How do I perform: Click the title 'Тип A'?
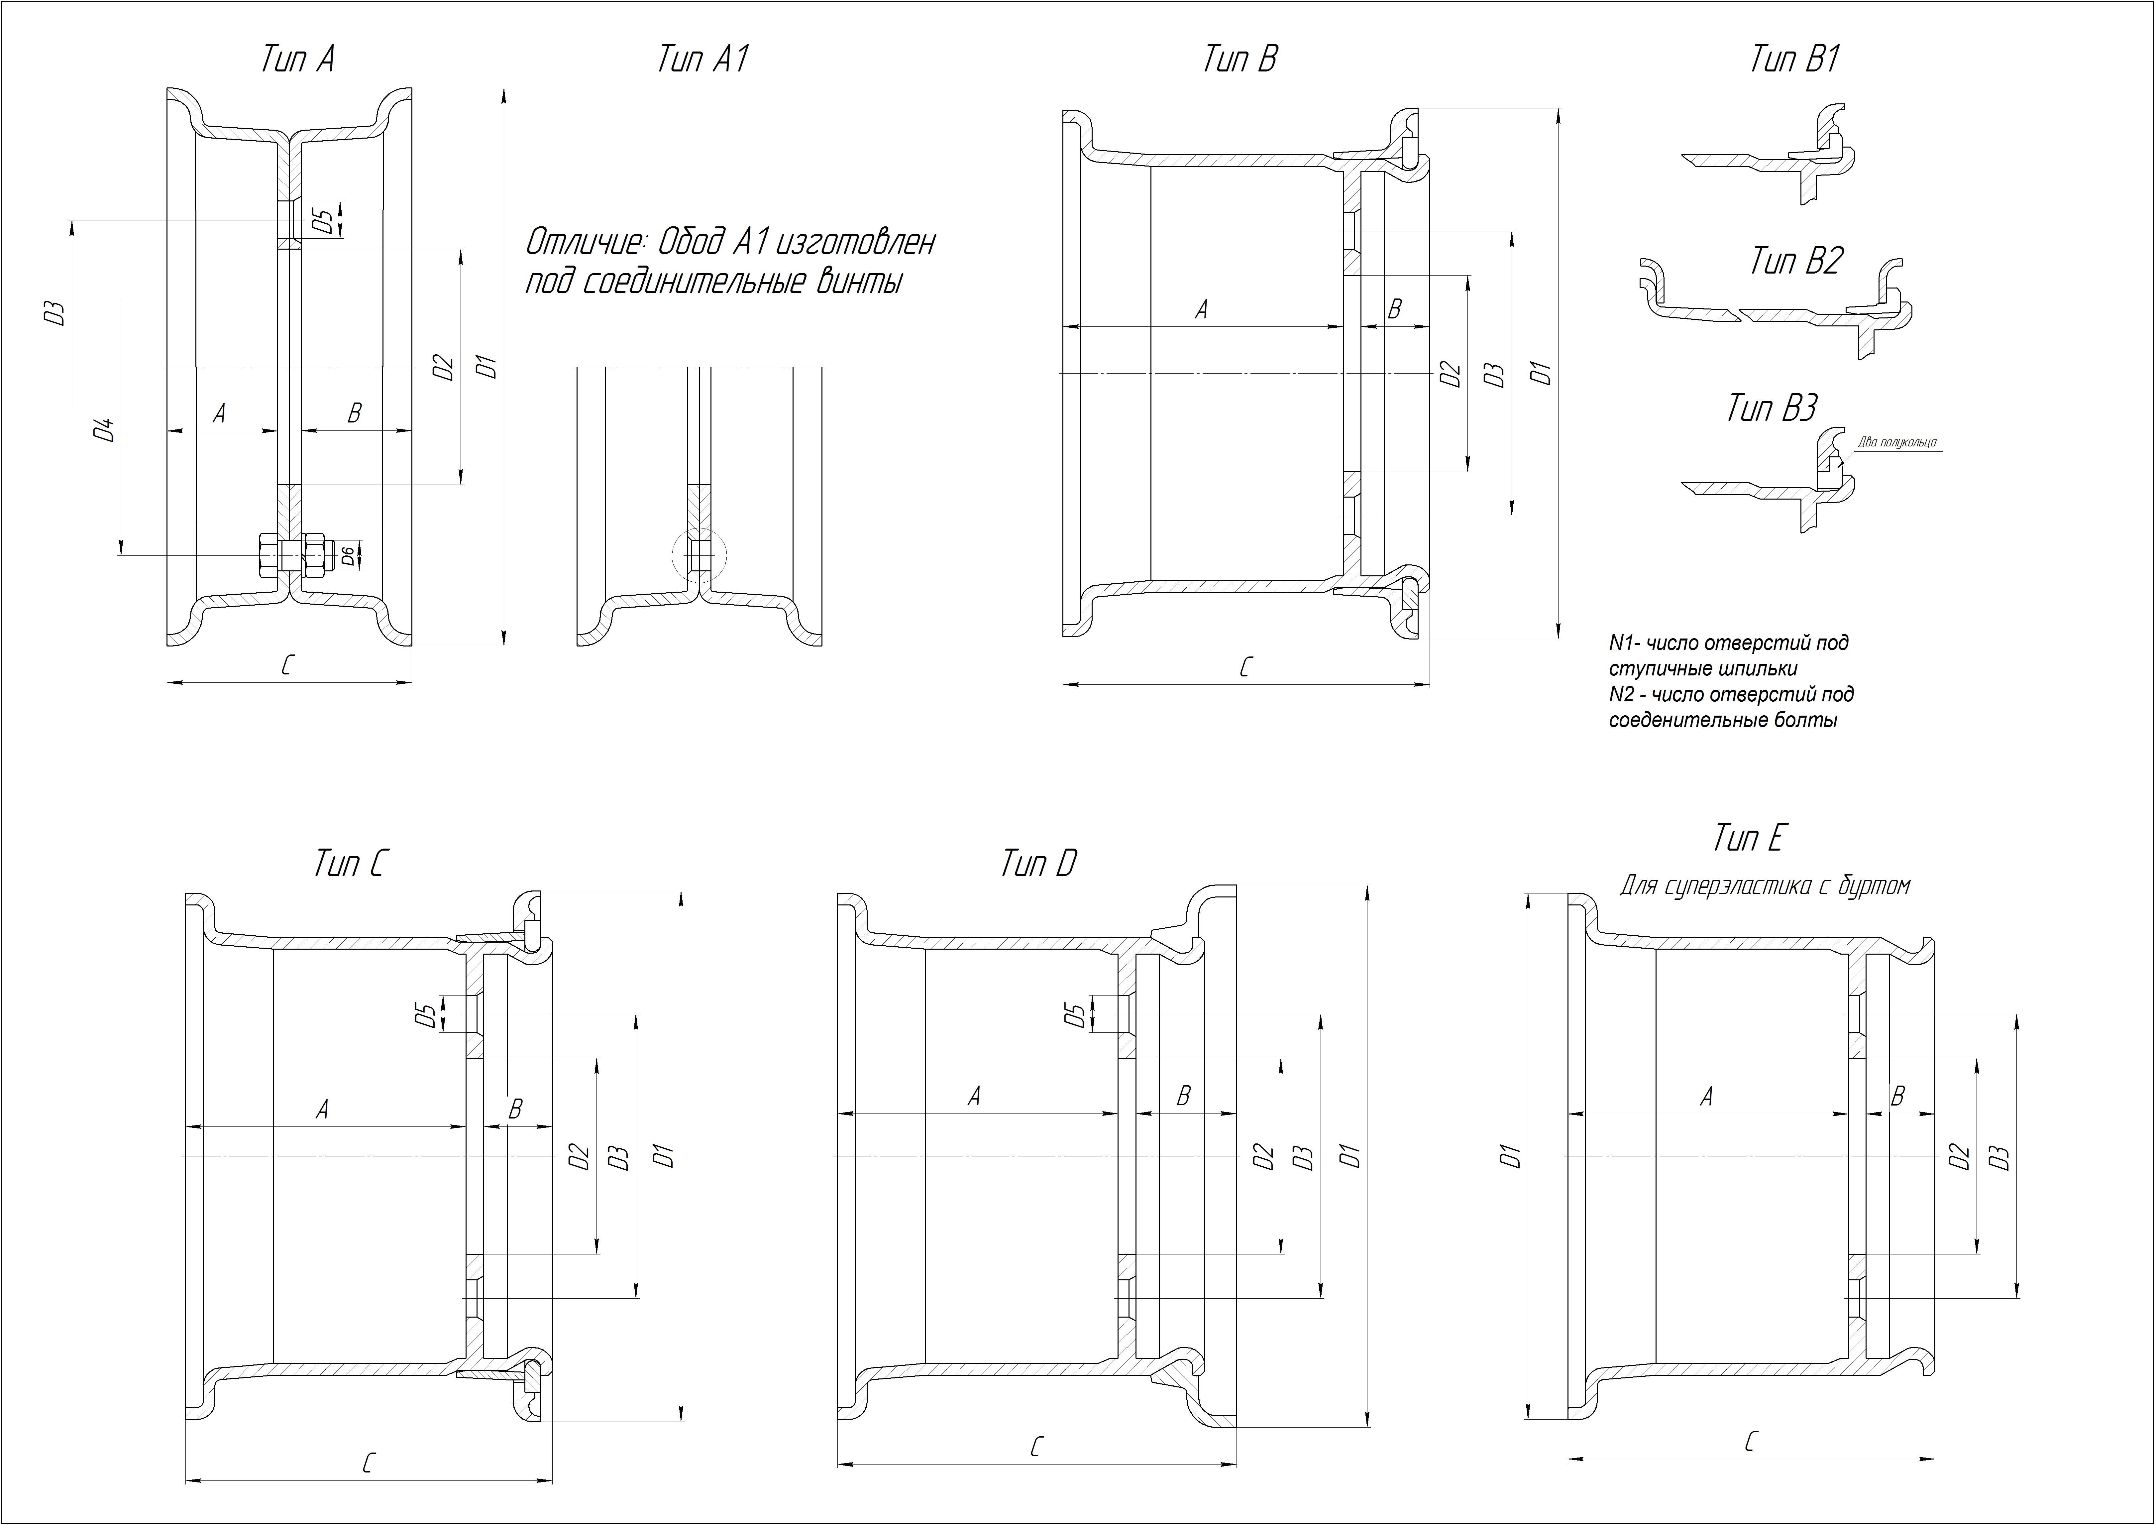297,60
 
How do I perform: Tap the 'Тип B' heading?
1240,60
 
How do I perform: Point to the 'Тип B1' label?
1794,60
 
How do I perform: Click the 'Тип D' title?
1038,864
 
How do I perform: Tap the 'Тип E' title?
1748,839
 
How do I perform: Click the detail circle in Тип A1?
699,556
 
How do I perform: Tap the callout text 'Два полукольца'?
1897,442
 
